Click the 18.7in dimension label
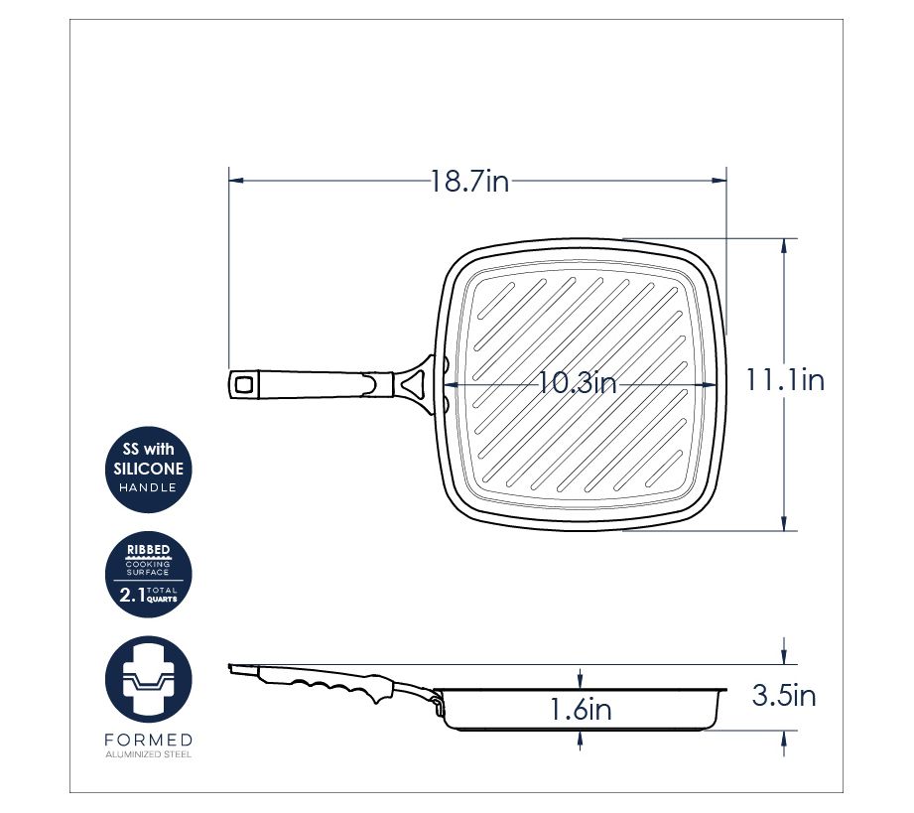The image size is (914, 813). (469, 181)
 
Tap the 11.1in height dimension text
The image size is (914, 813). (785, 380)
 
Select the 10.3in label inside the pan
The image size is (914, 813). (577, 383)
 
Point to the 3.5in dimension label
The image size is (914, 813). (783, 695)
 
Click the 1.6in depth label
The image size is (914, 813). (581, 709)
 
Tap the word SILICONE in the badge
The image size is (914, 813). (149, 469)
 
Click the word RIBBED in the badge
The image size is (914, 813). (149, 549)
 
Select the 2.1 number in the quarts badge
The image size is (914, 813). (132, 595)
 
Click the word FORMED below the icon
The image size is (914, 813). (149, 741)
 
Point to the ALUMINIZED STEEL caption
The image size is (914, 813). (149, 754)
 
